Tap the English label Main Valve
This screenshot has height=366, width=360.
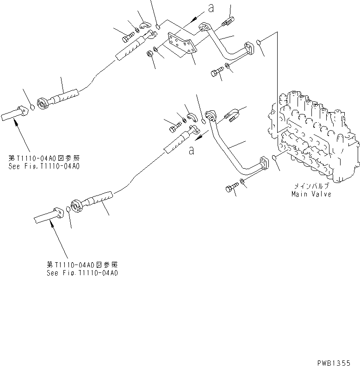click(311, 194)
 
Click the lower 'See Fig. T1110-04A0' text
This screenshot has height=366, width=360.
click(82, 273)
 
